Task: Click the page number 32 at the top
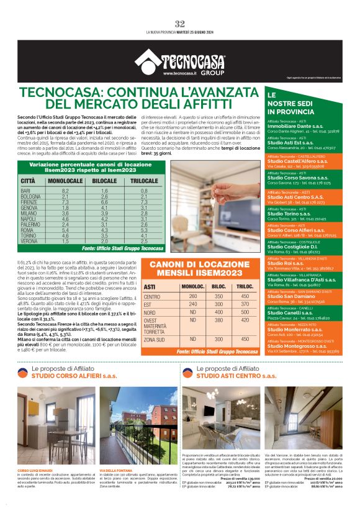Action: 180,24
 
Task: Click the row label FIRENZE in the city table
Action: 30,202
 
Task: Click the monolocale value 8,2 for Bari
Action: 65,191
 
